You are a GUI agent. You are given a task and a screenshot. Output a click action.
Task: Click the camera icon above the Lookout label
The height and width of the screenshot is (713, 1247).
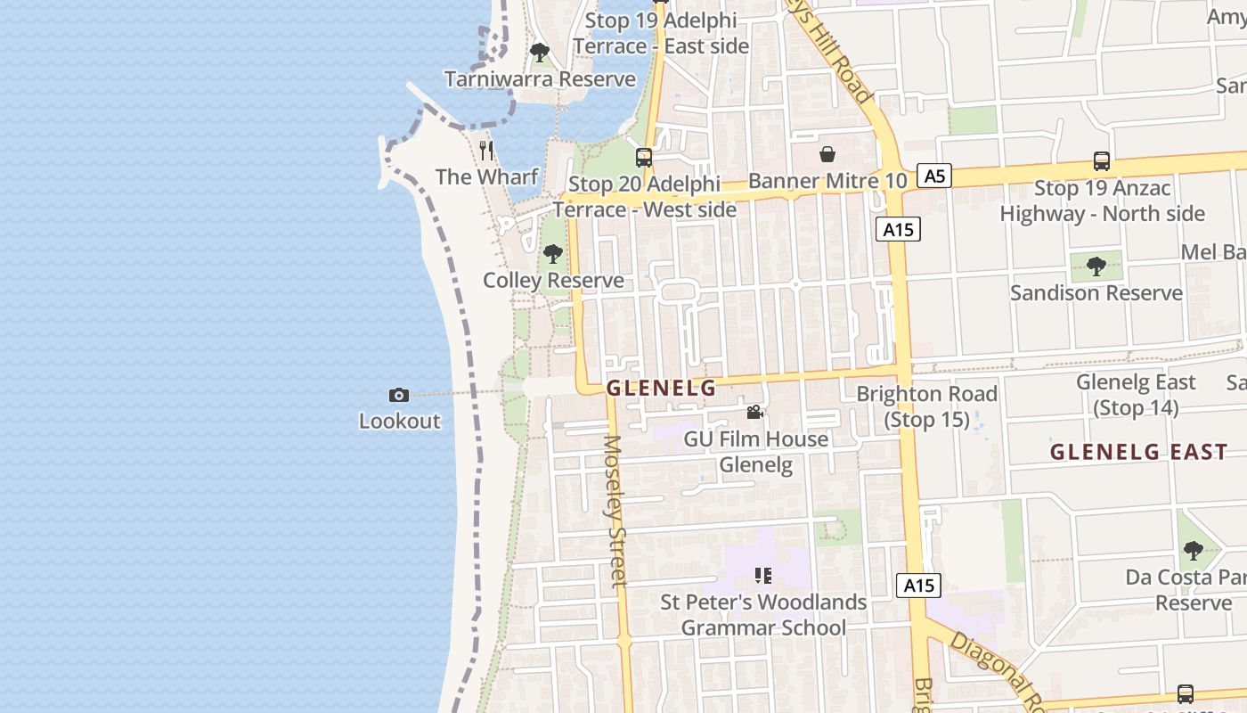tap(398, 395)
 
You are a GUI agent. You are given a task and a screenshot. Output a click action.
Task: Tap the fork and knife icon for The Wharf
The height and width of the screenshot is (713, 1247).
tap(485, 150)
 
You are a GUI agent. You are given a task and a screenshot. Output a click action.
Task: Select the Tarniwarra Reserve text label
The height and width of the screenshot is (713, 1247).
tap(540, 79)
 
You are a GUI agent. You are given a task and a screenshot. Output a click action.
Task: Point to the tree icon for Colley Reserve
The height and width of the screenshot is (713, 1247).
tap(553, 255)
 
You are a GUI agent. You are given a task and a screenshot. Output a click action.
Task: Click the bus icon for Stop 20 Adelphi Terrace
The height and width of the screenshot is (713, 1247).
tap(643, 158)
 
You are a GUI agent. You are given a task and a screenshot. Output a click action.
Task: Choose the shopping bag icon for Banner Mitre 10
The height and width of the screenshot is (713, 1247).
tap(827, 155)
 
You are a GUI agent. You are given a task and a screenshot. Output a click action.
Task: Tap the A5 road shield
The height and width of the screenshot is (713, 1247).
tap(933, 176)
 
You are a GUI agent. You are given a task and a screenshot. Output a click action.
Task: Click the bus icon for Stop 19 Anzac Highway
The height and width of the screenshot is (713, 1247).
tap(1102, 161)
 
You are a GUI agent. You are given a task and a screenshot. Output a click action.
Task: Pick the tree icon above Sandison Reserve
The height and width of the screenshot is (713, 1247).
tap(1096, 266)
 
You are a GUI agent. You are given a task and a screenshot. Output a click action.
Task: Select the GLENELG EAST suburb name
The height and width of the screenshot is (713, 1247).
tap(1138, 452)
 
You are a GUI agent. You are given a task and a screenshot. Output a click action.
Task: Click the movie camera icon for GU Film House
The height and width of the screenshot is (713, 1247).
tap(755, 412)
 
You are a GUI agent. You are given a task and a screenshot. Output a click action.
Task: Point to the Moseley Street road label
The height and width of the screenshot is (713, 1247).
tap(615, 510)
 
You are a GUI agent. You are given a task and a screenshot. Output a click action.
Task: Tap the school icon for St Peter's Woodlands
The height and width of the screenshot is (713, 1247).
tap(763, 576)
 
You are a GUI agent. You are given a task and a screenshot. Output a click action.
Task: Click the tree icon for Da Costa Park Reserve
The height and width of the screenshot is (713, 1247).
tap(1193, 551)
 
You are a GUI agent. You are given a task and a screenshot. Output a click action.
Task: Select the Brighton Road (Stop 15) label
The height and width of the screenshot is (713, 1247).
tap(926, 406)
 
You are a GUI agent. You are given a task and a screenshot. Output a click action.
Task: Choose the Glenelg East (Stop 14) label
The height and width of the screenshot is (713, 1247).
tap(1136, 395)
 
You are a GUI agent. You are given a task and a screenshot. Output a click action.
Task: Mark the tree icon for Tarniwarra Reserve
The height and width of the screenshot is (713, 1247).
tap(539, 53)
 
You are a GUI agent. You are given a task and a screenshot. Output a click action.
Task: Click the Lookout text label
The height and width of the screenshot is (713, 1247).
tap(399, 421)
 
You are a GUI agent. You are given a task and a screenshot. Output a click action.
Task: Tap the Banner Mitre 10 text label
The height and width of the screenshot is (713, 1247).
tap(827, 181)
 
